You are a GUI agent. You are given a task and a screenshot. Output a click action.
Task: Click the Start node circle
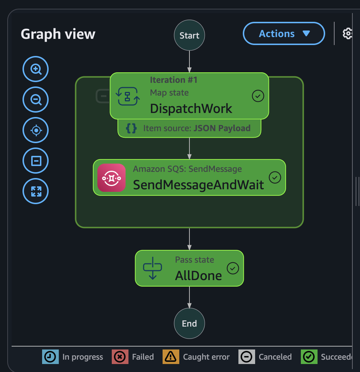click(x=189, y=35)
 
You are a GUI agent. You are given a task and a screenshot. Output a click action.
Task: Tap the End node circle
click(x=189, y=323)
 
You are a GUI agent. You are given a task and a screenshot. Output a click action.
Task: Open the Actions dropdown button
click(x=284, y=33)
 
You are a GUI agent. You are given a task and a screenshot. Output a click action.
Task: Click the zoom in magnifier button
click(x=36, y=69)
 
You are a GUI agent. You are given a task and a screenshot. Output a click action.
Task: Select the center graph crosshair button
click(x=36, y=130)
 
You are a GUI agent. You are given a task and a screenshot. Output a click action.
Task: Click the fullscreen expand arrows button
click(x=36, y=191)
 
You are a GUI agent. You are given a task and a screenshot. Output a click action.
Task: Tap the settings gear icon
click(x=347, y=33)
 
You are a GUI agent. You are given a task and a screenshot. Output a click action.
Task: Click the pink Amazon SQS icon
click(x=111, y=178)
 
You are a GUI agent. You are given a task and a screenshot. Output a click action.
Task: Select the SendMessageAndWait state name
click(x=199, y=185)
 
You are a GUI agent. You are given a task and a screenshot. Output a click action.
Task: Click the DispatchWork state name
click(x=191, y=109)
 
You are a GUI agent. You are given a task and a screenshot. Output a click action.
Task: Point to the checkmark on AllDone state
click(x=233, y=268)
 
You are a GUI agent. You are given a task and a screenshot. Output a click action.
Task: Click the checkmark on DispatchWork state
click(x=258, y=96)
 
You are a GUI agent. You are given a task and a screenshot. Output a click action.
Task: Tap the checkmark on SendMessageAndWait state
click(x=275, y=177)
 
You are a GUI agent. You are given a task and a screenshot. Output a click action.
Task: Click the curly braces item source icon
click(x=131, y=128)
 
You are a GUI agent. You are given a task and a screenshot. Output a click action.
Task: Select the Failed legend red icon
click(x=120, y=357)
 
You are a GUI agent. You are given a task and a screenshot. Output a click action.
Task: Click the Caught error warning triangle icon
click(x=171, y=357)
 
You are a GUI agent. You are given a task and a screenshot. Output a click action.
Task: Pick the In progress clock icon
click(x=50, y=357)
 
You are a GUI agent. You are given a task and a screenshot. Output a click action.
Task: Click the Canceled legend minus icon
click(x=247, y=357)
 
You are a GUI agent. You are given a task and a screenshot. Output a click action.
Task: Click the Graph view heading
click(x=58, y=34)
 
